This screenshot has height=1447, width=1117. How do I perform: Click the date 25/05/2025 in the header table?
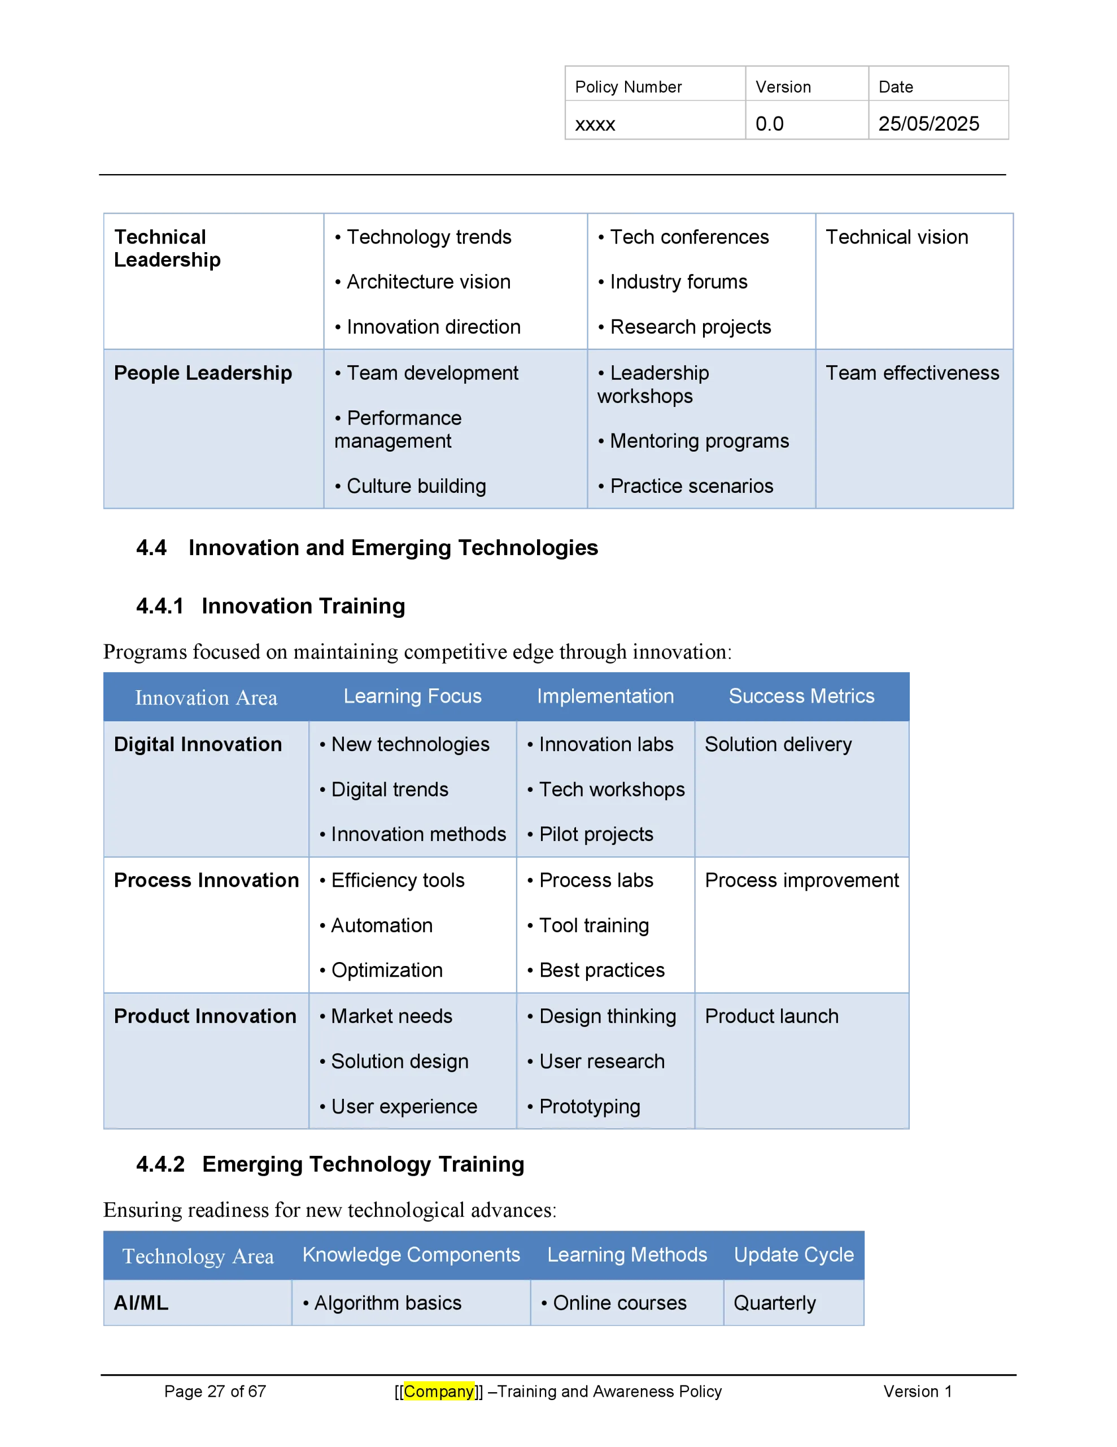pyautogui.click(x=928, y=124)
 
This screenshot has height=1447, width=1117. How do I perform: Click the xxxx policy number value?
pyautogui.click(x=595, y=124)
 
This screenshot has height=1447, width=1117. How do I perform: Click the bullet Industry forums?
pyautogui.click(x=673, y=281)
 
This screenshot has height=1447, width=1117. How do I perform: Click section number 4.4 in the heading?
pyautogui.click(x=152, y=548)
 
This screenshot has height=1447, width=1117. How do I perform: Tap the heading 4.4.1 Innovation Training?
pyautogui.click(x=271, y=606)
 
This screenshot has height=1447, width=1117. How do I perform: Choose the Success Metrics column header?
pyautogui.click(x=801, y=696)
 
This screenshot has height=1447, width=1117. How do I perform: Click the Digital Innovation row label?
pyautogui.click(x=198, y=745)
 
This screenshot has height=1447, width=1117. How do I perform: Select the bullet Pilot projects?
pyautogui.click(x=591, y=834)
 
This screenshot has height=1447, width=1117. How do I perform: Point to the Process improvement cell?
pyautogui.click(x=802, y=881)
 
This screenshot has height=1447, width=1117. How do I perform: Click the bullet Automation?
pyautogui.click(x=376, y=926)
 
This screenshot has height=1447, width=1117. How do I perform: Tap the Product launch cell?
pyautogui.click(x=771, y=1016)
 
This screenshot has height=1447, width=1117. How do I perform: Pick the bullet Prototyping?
pyautogui.click(x=584, y=1107)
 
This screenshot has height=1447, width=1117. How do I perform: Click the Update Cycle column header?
pyautogui.click(x=794, y=1254)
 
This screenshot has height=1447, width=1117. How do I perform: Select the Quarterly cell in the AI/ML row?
pyautogui.click(x=775, y=1303)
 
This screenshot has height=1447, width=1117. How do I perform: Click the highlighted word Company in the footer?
pyautogui.click(x=439, y=1392)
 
